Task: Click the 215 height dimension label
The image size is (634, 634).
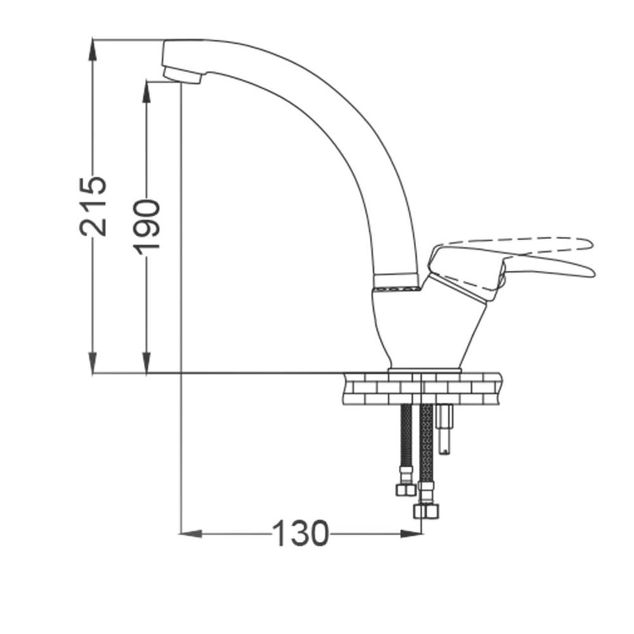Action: coord(93,207)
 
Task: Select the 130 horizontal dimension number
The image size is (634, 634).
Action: coord(301,533)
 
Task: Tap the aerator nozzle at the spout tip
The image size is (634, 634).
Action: coord(182,75)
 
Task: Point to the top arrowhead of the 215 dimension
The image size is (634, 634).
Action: coord(93,49)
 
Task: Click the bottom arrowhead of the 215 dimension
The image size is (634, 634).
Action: coord(93,363)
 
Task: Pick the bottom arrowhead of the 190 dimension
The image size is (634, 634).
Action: coord(147,363)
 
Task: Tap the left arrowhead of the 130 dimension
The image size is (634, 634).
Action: coord(191,533)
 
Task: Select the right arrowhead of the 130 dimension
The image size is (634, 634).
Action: coord(411,533)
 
